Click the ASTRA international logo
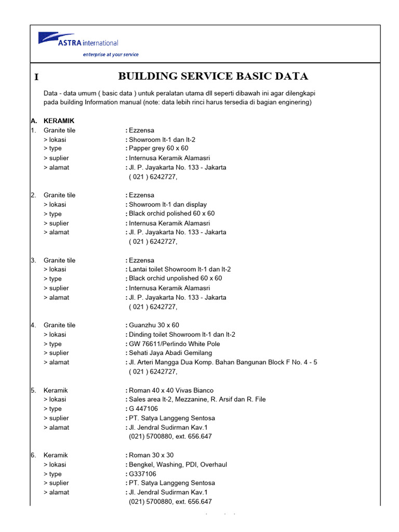pos(78,41)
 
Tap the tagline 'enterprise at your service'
pos(111,55)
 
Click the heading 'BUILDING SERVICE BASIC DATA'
pos(213,76)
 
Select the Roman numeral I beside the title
pos(36,77)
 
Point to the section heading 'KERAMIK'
pos(59,121)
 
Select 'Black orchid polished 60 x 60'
pos(171,214)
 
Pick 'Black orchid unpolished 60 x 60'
pos(175,278)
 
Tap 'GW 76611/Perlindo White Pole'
pos(174,344)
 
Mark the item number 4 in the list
pos(33,325)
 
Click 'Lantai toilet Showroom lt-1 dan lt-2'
pos(180,269)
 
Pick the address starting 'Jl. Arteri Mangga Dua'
pos(223,362)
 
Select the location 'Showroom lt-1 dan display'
pos(167,204)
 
